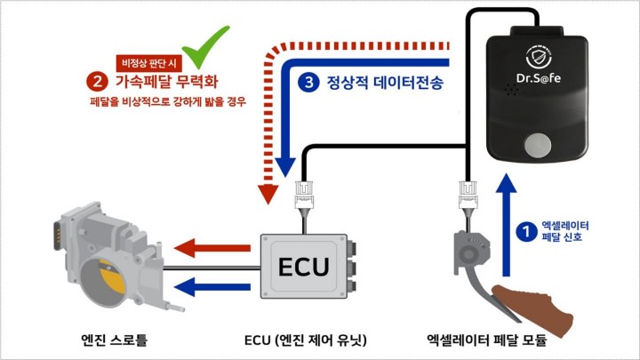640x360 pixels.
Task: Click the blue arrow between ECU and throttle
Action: pos(213,284)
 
